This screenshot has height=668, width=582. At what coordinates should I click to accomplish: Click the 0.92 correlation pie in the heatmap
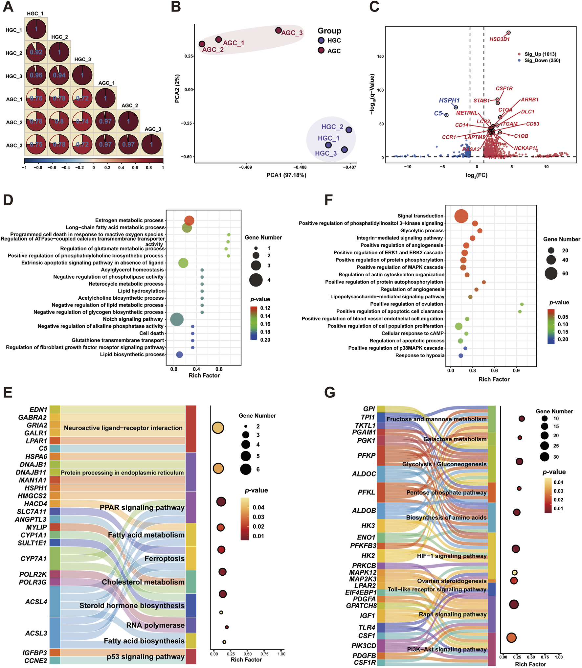tap(36, 52)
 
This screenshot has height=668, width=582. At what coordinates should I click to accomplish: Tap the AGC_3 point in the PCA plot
tap(278, 31)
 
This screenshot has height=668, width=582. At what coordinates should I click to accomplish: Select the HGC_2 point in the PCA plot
tap(348, 130)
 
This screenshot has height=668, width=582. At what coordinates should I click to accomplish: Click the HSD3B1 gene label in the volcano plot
tap(499, 39)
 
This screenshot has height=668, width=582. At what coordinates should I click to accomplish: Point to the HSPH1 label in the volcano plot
tap(449, 100)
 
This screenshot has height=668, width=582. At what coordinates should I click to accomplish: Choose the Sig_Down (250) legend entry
tap(542, 60)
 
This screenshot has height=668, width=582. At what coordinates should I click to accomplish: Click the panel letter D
tap(8, 200)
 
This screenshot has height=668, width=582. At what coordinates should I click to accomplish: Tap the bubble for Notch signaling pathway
tap(177, 319)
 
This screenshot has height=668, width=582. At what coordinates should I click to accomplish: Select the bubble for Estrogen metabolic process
tap(189, 220)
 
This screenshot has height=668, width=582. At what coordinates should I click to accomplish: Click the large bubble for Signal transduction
tap(461, 216)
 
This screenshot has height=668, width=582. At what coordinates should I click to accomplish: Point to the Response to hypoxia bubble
tap(460, 356)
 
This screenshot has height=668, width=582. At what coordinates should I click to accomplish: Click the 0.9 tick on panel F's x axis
tap(516, 371)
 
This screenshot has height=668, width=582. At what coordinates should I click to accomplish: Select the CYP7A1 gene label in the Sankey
tap(34, 559)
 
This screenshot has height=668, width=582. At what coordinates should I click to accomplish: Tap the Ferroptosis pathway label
tap(164, 559)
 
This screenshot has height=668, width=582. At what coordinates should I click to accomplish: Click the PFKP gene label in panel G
tap(366, 456)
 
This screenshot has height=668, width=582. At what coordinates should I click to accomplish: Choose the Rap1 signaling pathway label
tap(452, 614)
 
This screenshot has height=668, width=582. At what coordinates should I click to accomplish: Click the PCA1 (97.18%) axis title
tap(286, 175)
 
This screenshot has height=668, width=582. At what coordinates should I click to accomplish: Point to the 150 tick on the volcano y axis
tap(380, 57)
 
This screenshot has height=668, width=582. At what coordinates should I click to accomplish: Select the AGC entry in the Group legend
tap(333, 51)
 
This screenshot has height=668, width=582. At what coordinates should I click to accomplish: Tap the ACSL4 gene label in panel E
tap(36, 602)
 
